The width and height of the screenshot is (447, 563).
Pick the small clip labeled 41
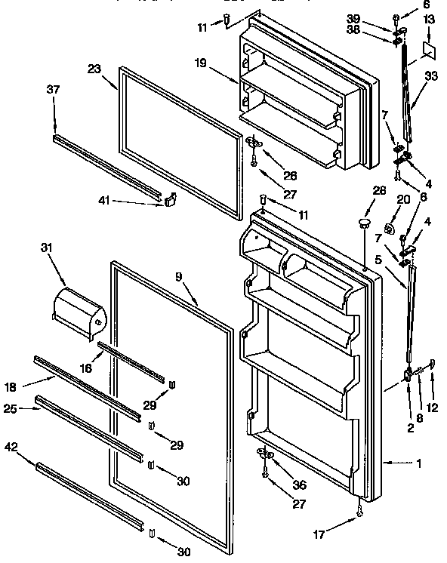click(171, 199)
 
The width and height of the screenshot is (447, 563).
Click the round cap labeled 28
click(364, 223)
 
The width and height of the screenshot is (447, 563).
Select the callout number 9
click(179, 276)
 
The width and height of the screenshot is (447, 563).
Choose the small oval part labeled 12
click(432, 365)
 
